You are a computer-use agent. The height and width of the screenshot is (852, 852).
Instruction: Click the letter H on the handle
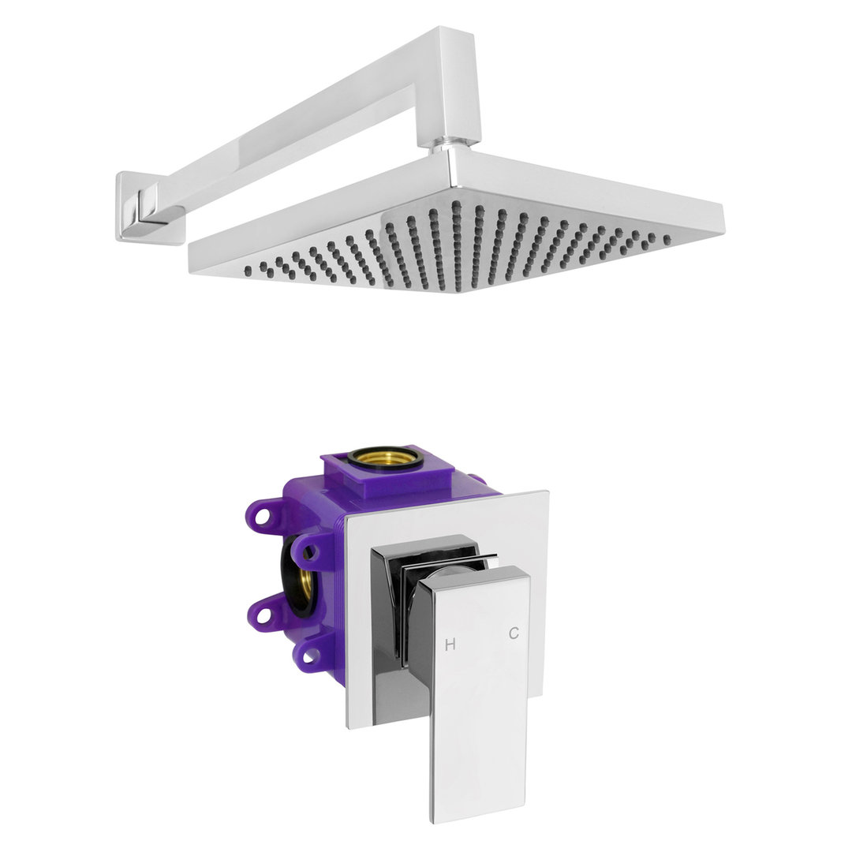point(450,645)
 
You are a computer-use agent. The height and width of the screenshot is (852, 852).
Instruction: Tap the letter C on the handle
point(514,633)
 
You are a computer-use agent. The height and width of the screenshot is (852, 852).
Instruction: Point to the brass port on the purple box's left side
point(305,576)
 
